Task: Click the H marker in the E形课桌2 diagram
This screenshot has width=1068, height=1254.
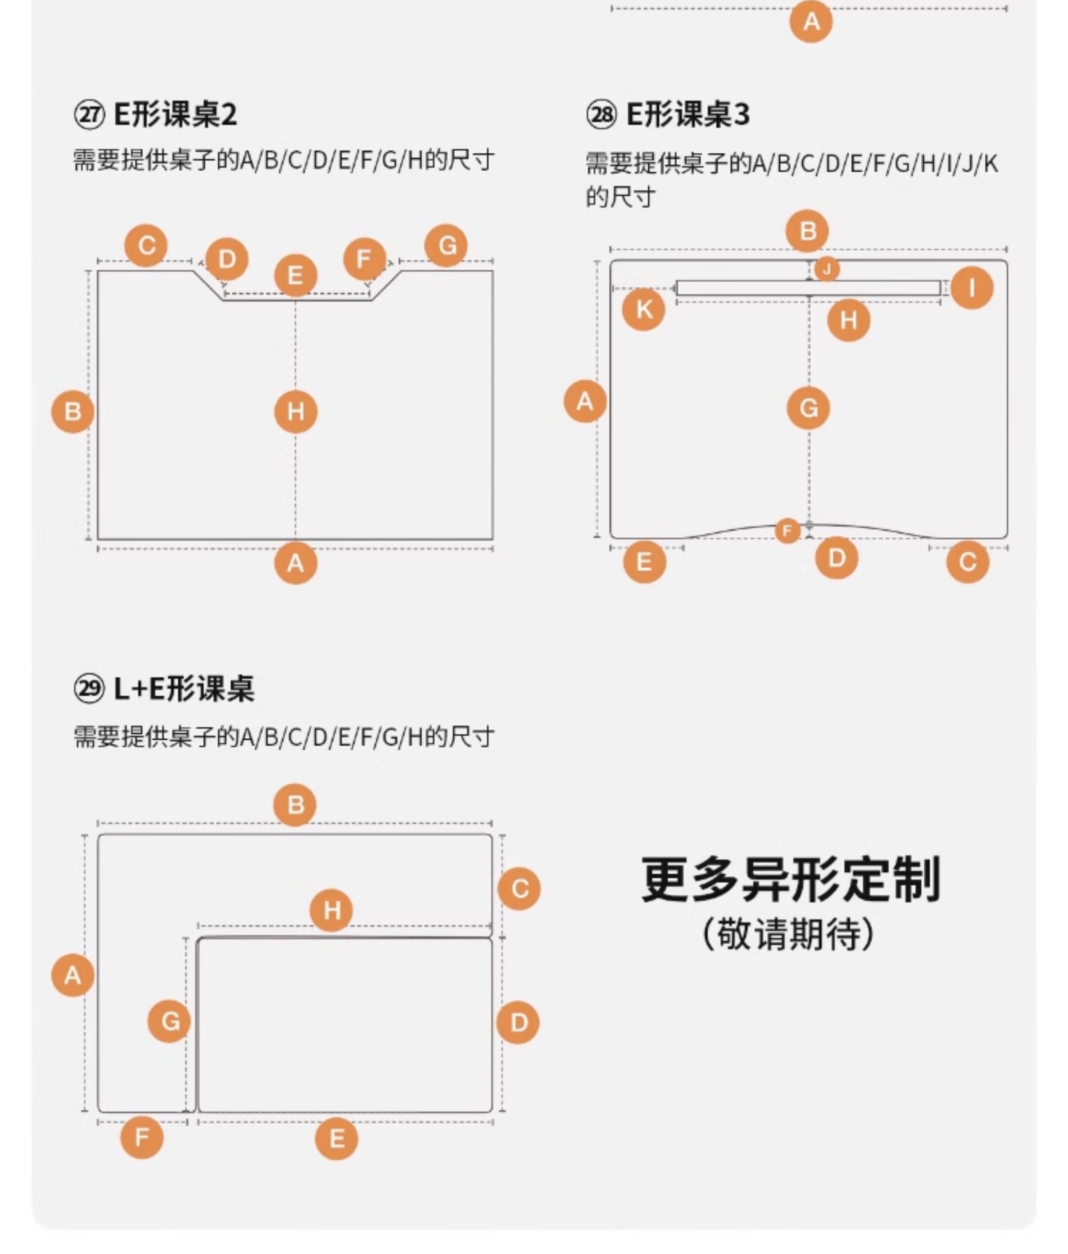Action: [x=295, y=412]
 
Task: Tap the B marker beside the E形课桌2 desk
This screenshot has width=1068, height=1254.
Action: [x=73, y=412]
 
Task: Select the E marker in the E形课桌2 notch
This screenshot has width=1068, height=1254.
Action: [x=295, y=275]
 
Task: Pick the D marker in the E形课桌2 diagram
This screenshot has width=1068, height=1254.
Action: [x=227, y=259]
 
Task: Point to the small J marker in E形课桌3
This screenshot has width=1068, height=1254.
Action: [x=826, y=269]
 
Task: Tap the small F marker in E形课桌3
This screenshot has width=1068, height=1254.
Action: [x=787, y=531]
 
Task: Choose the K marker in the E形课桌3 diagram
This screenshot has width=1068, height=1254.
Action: [x=643, y=309]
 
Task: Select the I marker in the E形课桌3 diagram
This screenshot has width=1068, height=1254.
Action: [x=971, y=288]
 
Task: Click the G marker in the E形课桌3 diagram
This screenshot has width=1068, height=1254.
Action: [x=808, y=408]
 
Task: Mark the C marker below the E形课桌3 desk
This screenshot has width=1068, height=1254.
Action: [x=968, y=562]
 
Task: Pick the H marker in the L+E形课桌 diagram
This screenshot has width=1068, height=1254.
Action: [x=331, y=909]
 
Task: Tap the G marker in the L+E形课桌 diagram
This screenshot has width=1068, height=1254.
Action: [x=169, y=1021]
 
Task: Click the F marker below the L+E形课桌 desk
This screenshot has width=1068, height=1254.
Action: [x=142, y=1137]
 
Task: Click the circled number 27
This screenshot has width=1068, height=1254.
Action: [x=89, y=115]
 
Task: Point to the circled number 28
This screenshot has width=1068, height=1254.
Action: [x=601, y=115]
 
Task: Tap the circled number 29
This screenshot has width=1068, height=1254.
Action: [x=89, y=688]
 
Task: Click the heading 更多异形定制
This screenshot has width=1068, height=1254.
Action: [x=790, y=879]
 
